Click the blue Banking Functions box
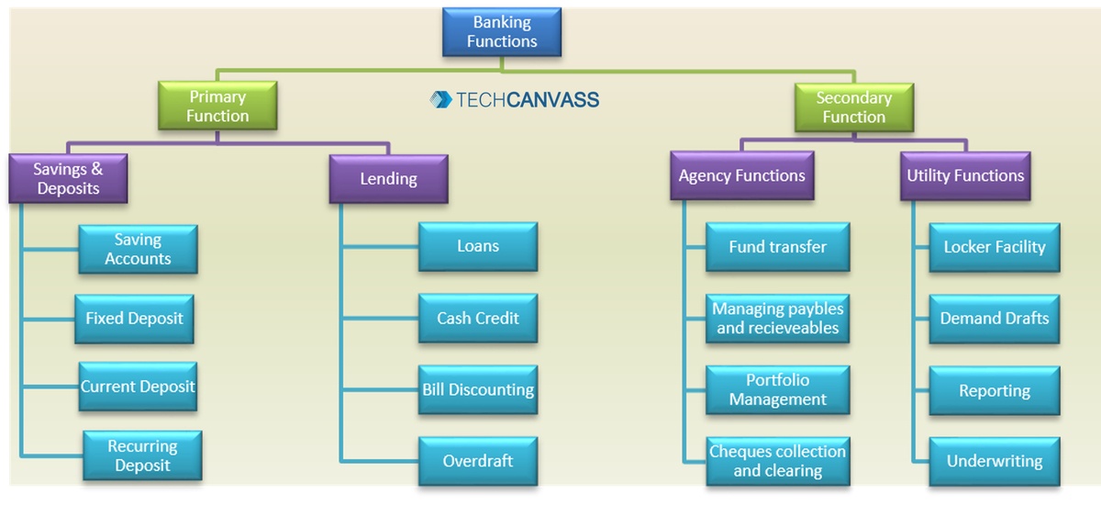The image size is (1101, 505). coord(502,32)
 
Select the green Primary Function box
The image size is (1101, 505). coord(217,107)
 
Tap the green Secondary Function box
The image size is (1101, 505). coord(853,107)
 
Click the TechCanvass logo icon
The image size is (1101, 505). coord(440,99)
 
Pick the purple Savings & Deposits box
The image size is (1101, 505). coord(68,178)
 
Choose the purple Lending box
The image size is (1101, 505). coord(388,178)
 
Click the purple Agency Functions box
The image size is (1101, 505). coord(741,175)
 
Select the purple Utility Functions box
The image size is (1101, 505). coord(965,175)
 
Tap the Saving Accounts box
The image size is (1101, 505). coord(138,249)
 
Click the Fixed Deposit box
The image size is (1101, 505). coord(134,319)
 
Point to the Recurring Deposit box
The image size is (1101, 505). coord(142,455)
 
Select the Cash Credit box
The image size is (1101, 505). coord(478,319)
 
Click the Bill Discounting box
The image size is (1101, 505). coord(478,389)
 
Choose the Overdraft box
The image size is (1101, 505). coord(478,461)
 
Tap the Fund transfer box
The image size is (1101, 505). coord(777,247)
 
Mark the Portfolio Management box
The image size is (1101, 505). coord(777,389)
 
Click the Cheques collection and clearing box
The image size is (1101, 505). coord(777,461)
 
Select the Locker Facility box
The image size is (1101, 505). coord(995,247)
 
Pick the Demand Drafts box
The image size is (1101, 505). coord(995,319)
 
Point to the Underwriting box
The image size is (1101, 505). coord(995,461)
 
